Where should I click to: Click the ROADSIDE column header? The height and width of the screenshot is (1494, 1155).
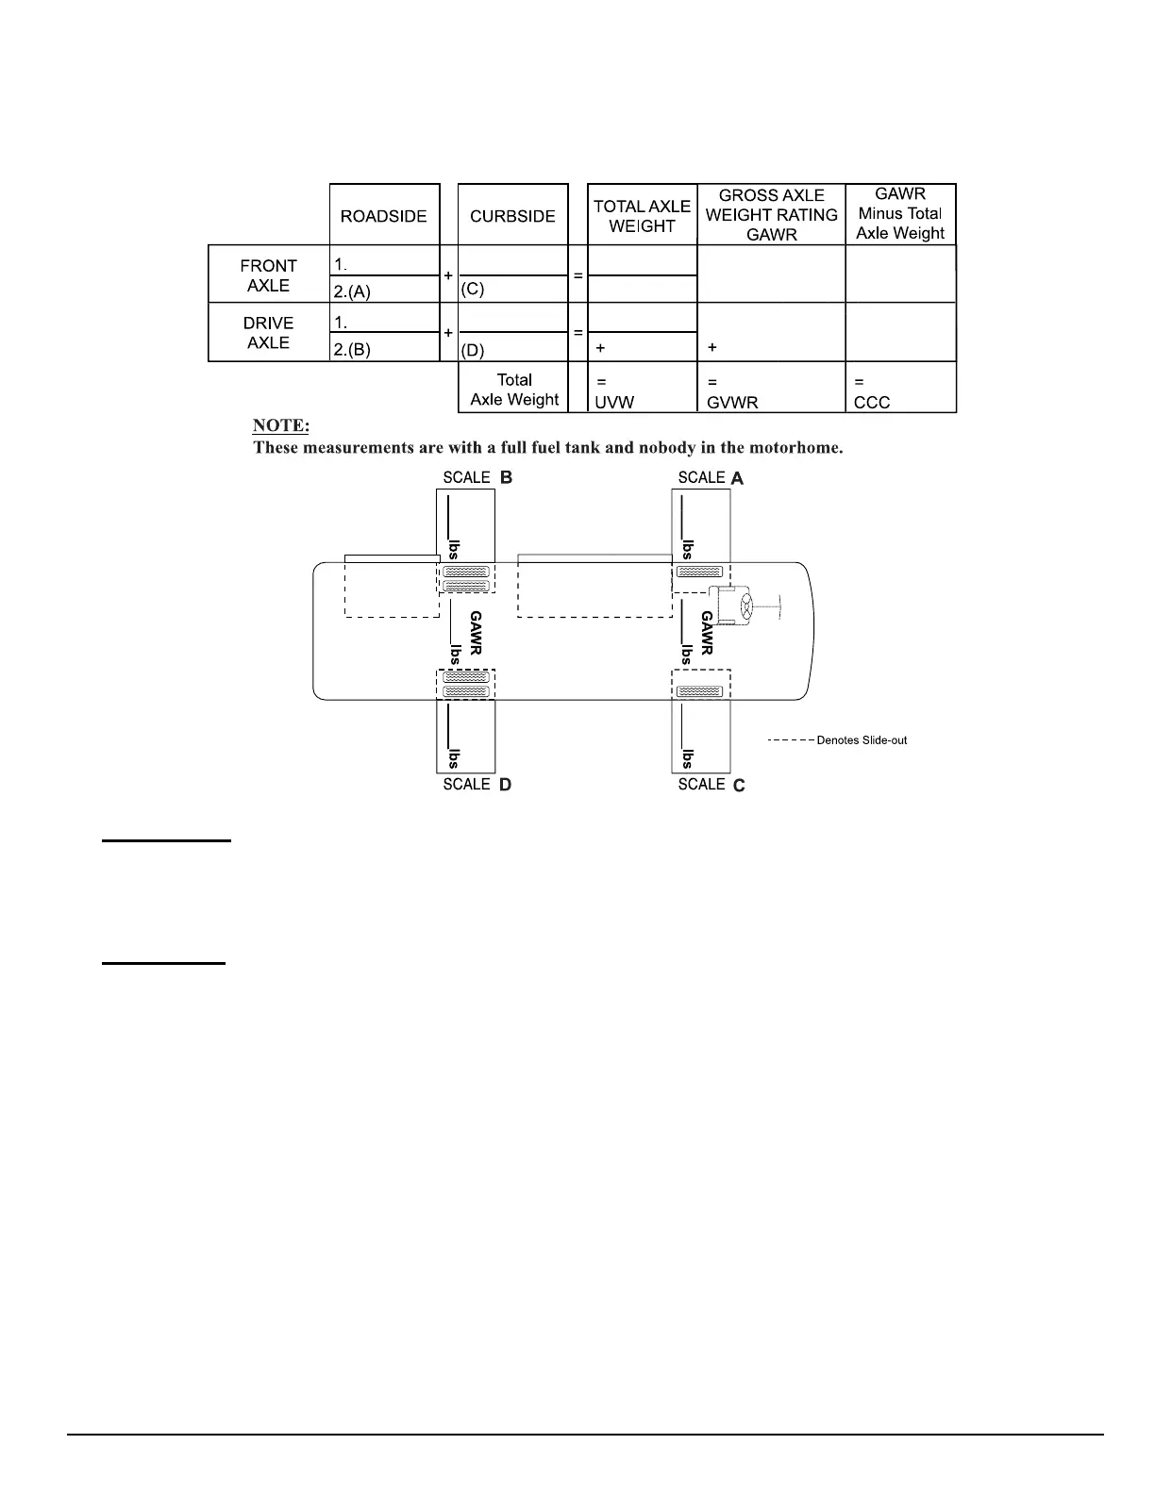click(x=383, y=216)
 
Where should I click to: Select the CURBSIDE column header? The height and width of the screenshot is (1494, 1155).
click(x=512, y=216)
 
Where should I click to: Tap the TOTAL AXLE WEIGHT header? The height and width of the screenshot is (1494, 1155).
click(x=642, y=216)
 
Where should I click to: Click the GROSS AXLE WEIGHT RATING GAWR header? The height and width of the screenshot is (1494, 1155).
click(x=771, y=215)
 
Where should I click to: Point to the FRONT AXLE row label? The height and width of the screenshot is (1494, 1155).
click(x=268, y=275)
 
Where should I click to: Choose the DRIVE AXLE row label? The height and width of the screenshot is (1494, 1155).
click(x=268, y=333)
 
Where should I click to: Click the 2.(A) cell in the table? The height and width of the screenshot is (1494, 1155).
click(x=352, y=291)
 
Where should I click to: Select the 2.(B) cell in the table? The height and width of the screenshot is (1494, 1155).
click(x=352, y=349)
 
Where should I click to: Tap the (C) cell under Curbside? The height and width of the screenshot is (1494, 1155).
click(x=473, y=290)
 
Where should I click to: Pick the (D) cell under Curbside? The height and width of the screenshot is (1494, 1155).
click(x=473, y=349)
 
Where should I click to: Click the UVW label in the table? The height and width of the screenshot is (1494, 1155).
click(x=614, y=403)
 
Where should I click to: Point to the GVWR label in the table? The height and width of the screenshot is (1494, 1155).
click(x=732, y=403)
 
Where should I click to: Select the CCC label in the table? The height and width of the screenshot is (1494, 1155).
click(x=872, y=403)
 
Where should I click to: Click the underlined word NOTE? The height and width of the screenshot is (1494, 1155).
click(x=280, y=425)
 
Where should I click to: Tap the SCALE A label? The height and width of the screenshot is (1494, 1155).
click(x=711, y=478)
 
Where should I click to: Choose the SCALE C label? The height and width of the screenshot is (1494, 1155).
click(x=711, y=785)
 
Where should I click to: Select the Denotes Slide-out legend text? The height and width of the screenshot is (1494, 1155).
click(x=862, y=740)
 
